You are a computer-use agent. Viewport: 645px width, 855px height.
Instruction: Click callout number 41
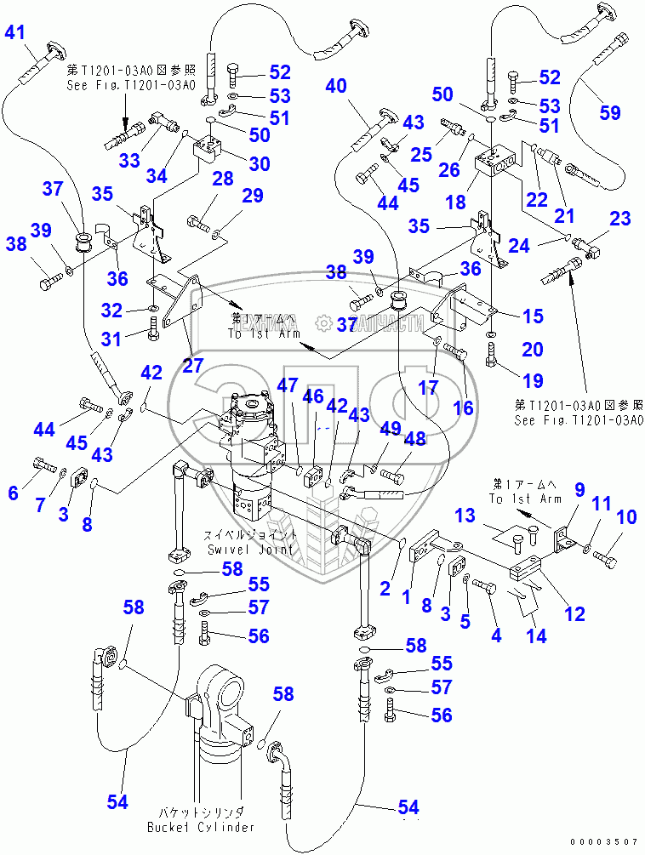click(16, 34)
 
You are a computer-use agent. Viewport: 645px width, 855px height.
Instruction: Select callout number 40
click(336, 86)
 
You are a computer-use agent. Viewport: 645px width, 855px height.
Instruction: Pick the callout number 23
click(619, 219)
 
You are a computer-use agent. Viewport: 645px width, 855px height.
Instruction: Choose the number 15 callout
click(533, 316)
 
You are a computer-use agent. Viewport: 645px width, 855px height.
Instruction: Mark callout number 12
click(575, 613)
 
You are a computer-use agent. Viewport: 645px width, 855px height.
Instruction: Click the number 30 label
click(260, 163)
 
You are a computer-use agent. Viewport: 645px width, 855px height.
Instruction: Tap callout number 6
click(13, 493)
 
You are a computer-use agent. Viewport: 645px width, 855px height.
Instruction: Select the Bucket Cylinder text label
click(200, 827)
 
